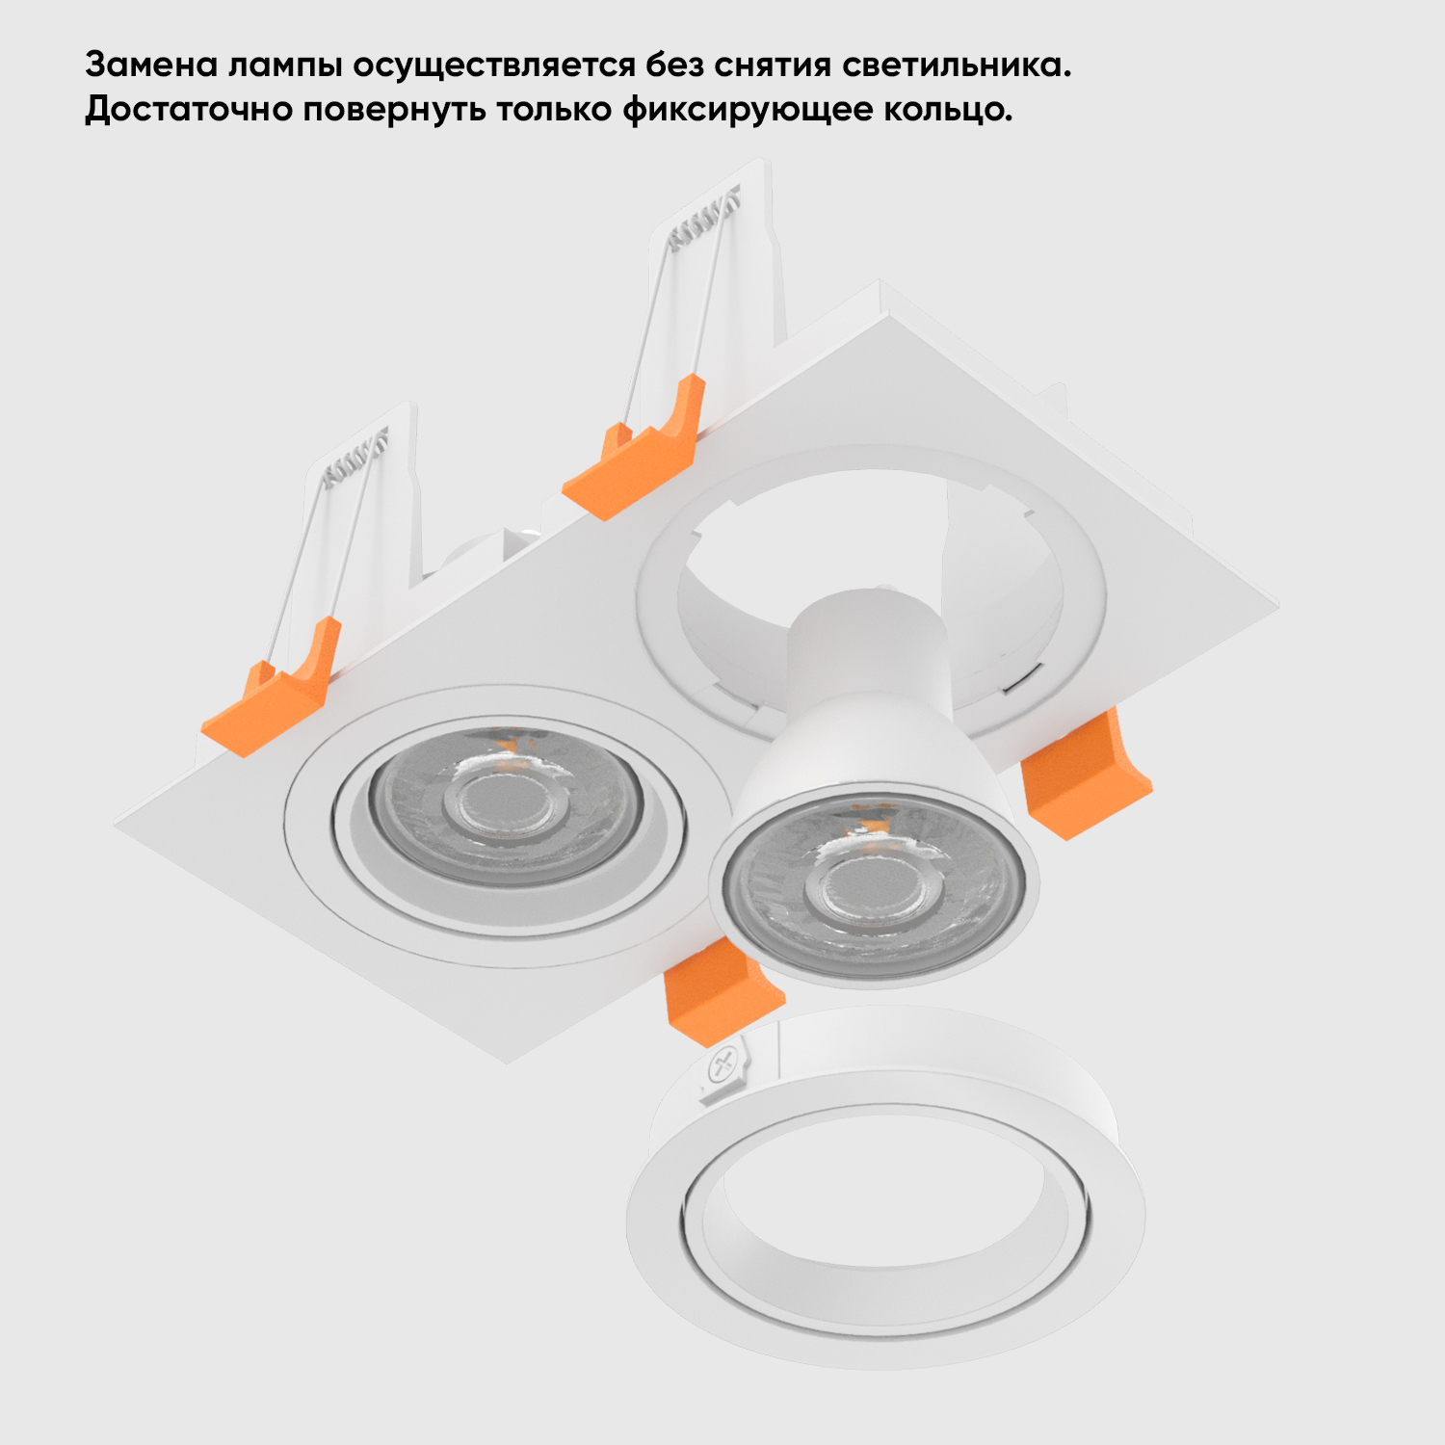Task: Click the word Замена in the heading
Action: coord(152,66)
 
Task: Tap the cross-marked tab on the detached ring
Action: coord(723,1069)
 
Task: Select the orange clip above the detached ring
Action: coord(721,992)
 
